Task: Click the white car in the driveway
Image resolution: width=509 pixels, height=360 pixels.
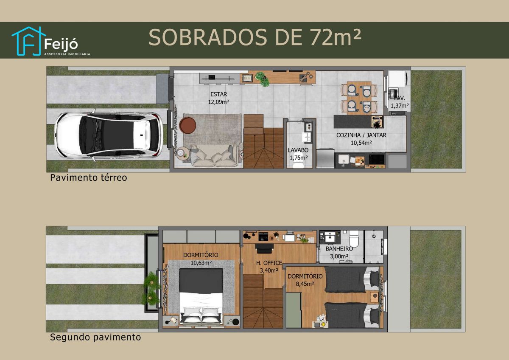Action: [109, 135]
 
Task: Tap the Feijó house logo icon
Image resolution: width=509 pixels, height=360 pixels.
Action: [28, 41]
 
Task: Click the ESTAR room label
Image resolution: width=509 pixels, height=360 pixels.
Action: [218, 94]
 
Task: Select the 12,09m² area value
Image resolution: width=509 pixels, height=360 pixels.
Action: [218, 102]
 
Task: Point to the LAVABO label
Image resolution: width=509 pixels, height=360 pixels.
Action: [298, 150]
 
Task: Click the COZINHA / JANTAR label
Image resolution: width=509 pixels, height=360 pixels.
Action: [361, 135]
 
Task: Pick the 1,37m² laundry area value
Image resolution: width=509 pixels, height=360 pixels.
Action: [400, 106]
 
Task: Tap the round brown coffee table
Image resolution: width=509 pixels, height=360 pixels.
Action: [187, 125]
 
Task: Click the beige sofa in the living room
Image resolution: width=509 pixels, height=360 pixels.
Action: [215, 156]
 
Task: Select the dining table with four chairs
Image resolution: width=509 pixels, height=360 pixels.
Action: [359, 98]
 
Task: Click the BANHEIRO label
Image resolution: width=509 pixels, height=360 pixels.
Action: [339, 249]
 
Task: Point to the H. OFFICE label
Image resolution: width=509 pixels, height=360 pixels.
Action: [269, 263]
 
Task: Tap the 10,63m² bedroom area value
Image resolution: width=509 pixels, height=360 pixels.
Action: [201, 263]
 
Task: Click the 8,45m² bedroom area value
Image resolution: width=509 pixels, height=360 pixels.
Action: [305, 284]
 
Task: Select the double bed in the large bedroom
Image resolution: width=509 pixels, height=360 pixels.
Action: [201, 296]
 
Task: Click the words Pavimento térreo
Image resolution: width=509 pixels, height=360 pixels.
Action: [88, 177]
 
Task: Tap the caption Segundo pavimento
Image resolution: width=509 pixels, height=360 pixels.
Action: [95, 337]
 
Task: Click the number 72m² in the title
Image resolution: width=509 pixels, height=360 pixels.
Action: [336, 37]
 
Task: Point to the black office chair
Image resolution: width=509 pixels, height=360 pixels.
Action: [264, 249]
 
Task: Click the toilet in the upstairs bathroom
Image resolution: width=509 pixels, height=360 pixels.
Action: [354, 239]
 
